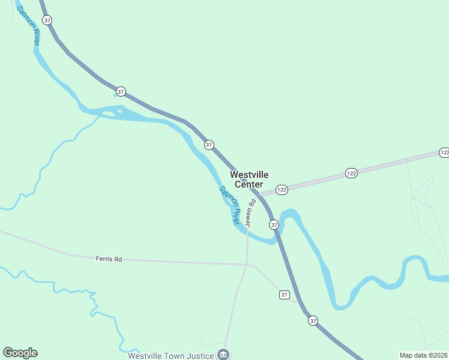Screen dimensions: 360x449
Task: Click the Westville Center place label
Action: [x=249, y=179]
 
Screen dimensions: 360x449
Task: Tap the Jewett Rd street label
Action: [x=250, y=213]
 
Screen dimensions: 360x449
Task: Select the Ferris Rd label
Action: [x=109, y=259]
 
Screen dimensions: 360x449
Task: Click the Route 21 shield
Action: [x=285, y=294]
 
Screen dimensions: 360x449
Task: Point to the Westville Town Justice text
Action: [x=171, y=356]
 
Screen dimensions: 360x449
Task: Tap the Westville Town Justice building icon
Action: [x=223, y=354]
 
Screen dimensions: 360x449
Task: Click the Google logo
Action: [x=20, y=353]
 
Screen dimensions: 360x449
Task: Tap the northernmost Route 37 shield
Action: [x=47, y=20]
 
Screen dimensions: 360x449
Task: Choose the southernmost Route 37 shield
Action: [x=313, y=321]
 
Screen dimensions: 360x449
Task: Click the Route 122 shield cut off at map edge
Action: [x=444, y=152]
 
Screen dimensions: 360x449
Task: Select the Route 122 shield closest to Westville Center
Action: [x=282, y=190]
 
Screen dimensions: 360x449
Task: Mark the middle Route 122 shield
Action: [x=351, y=173]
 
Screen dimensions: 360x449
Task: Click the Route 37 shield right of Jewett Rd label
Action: [x=274, y=224]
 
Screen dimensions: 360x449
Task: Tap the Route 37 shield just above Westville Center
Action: [x=209, y=145]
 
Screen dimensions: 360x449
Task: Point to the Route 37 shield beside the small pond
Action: [x=121, y=92]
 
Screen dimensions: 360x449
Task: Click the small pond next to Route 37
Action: [x=115, y=94]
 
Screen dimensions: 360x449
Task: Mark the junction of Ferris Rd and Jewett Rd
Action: [x=247, y=264]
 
